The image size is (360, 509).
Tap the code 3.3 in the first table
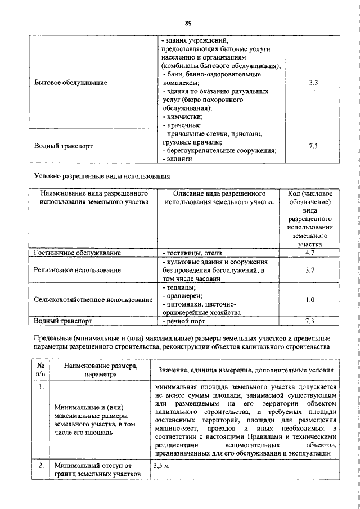(313, 83)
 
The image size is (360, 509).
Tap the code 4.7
(309, 253)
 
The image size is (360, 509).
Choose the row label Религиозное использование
(77, 270)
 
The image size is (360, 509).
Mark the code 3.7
(309, 270)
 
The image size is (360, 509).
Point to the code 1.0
(309, 300)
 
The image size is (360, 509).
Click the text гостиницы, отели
(187, 253)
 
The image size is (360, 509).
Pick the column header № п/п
(40, 370)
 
